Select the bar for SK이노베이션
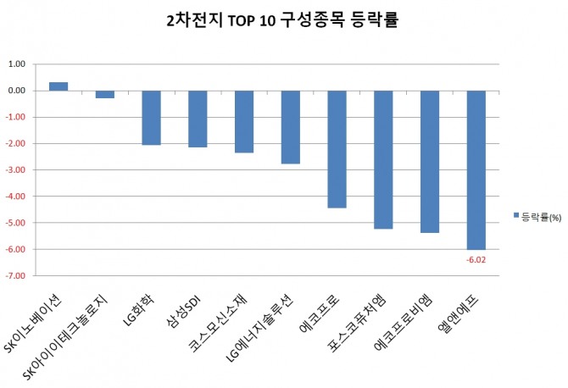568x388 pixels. coord(58,86)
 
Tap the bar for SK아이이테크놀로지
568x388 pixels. coord(105,94)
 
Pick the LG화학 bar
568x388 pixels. coord(151,118)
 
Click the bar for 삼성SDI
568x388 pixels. coord(198,119)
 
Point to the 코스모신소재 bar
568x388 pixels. coord(244,121)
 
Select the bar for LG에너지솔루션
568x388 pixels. coord(290,127)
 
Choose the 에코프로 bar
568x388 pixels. coord(337,149)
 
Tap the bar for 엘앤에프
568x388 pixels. coord(476,169)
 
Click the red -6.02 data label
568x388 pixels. coord(476,259)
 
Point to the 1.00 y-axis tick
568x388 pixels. coord(16,64)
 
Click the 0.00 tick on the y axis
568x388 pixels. coord(16,91)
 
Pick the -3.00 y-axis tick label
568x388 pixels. coord(15,170)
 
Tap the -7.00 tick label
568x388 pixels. coord(15,276)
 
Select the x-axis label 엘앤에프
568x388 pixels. coord(463,314)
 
